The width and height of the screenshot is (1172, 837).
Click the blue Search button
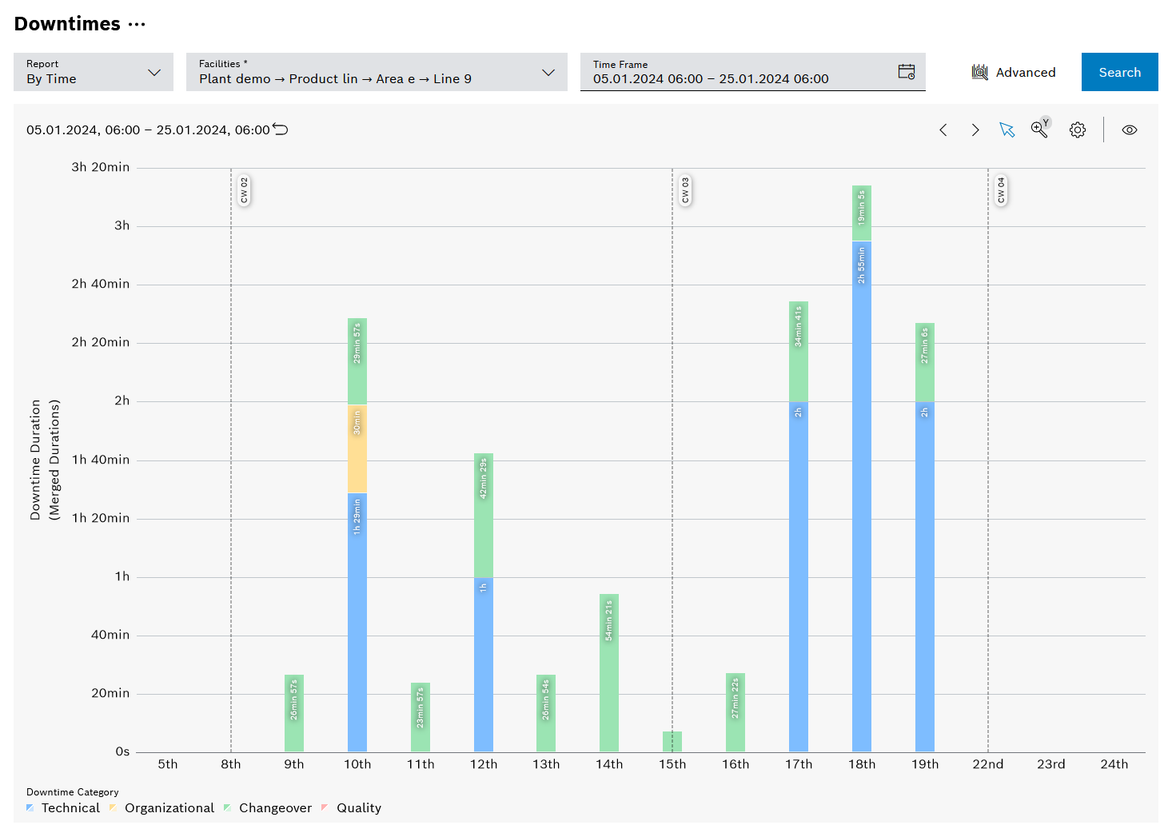1119,72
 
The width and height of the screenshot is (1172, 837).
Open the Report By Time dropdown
93,72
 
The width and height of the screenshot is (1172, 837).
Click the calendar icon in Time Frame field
906,72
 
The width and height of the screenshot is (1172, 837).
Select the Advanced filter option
1014,72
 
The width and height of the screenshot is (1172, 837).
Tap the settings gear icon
1078,130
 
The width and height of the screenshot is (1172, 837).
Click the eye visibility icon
1129,130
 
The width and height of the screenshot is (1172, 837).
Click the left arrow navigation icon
943,130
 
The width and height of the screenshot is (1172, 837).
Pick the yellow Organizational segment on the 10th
357,448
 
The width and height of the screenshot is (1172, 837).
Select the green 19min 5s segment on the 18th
861,213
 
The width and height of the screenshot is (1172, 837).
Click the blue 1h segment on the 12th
483,664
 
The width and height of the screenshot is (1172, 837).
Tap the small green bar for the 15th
672,741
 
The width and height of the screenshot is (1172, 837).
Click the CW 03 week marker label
685,191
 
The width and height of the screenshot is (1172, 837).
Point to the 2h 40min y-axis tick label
100,284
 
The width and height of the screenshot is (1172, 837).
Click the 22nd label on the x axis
987,764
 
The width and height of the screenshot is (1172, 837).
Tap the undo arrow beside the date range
281,130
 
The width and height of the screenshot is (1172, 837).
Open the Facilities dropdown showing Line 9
376,72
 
